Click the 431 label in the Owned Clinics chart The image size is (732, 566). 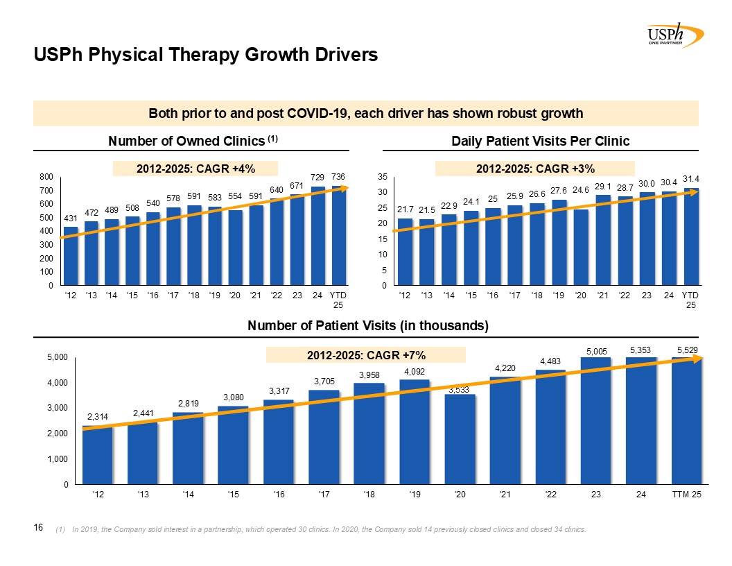[x=70, y=218]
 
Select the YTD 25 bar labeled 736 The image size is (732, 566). [x=338, y=236]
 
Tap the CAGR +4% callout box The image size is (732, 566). [x=196, y=168]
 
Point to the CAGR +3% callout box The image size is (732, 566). [x=534, y=168]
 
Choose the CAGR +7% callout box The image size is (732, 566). [x=366, y=355]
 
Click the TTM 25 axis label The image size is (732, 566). [x=687, y=494]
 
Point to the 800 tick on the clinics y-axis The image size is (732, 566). [x=47, y=177]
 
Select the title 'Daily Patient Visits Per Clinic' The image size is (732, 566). [x=540, y=141]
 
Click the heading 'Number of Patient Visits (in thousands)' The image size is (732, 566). [x=369, y=326]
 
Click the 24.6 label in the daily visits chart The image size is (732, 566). [x=581, y=189]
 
